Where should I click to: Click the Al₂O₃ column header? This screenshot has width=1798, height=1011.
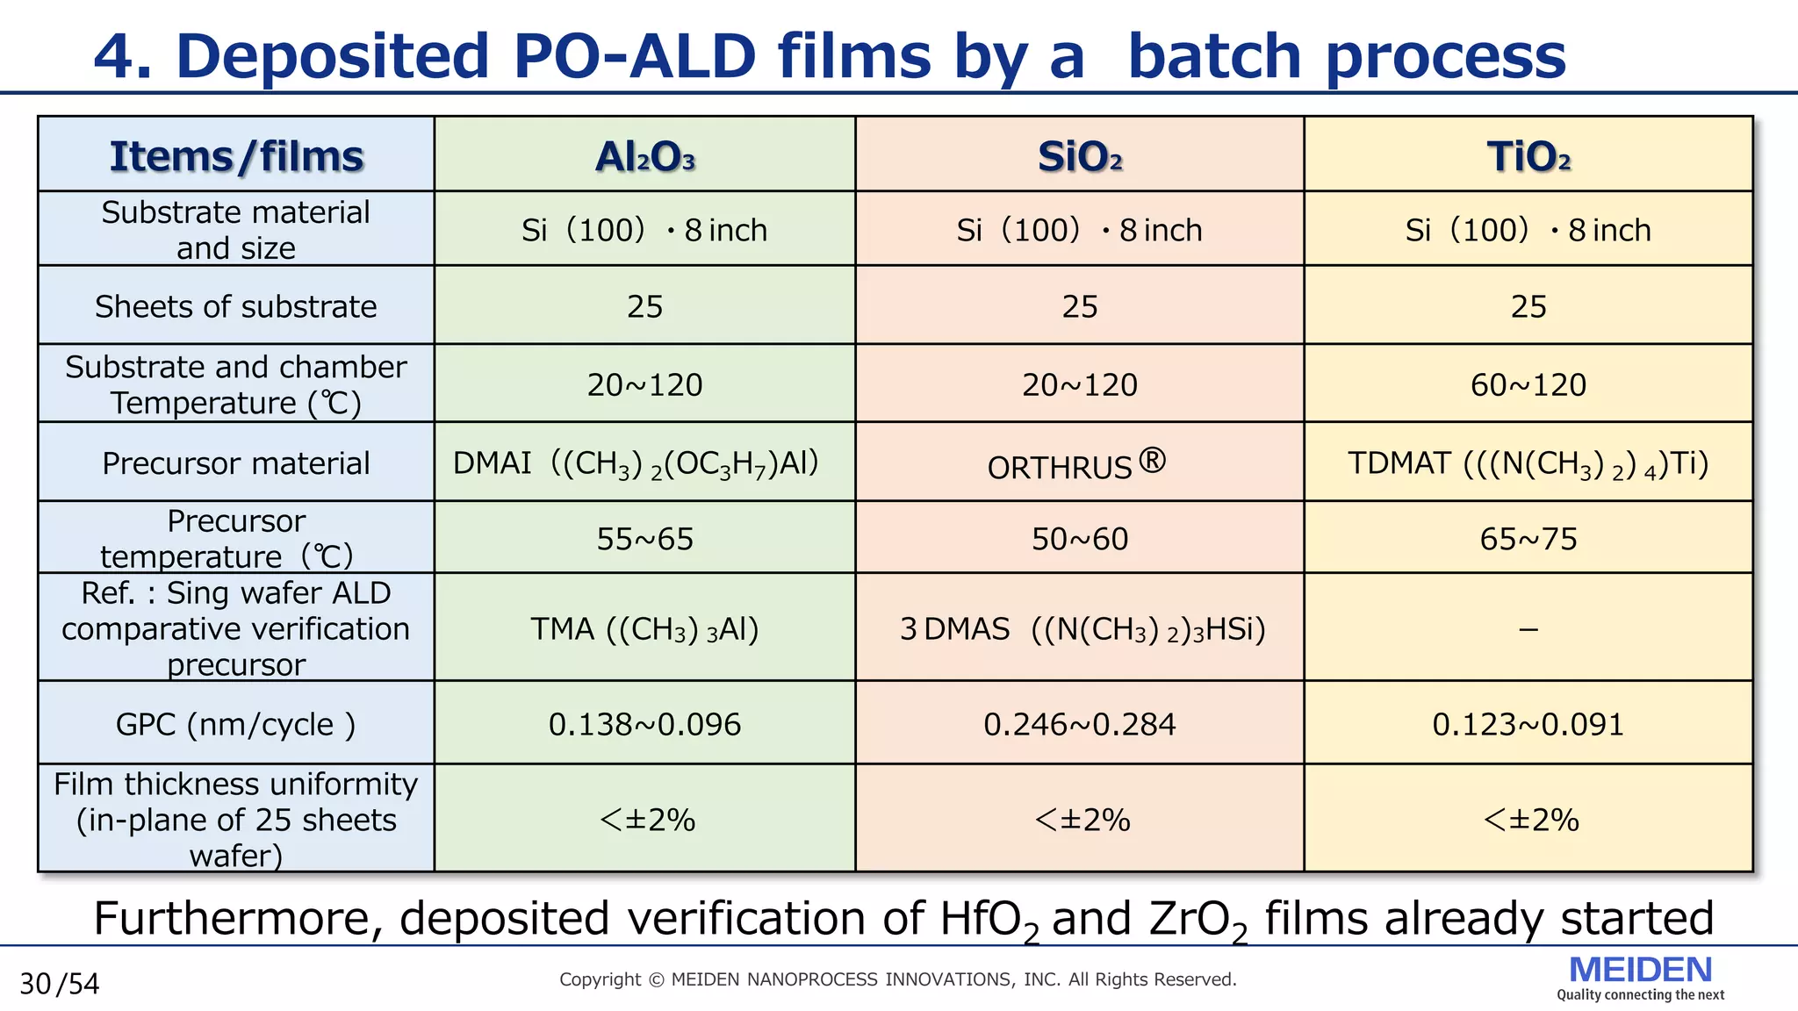(x=644, y=156)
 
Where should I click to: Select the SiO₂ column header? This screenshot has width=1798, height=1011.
(x=1079, y=156)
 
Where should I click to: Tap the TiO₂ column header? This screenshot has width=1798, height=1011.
(x=1528, y=156)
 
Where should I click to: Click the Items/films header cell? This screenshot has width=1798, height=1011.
(x=236, y=156)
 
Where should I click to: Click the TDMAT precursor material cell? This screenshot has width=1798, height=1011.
(x=1528, y=463)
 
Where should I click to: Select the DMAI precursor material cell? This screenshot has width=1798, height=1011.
(x=636, y=463)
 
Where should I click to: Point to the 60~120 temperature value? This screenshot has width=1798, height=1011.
(x=1528, y=384)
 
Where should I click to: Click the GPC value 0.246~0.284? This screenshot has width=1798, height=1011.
(x=1079, y=724)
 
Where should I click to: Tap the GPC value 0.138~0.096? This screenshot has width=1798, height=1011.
(x=644, y=724)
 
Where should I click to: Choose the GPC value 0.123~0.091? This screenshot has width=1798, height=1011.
(x=1528, y=724)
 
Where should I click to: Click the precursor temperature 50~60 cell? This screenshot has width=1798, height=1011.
(x=1079, y=539)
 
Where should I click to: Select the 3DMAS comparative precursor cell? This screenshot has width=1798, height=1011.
(x=1082, y=629)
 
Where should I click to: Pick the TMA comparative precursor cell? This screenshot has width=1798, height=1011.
(x=644, y=629)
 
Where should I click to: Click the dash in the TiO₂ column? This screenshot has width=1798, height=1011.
(x=1528, y=630)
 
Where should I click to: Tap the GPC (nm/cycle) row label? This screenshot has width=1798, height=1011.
(x=236, y=724)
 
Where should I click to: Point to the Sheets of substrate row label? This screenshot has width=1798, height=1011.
(x=236, y=306)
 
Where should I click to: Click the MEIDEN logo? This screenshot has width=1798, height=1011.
(x=1640, y=976)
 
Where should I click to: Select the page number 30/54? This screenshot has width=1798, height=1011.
(x=60, y=984)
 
